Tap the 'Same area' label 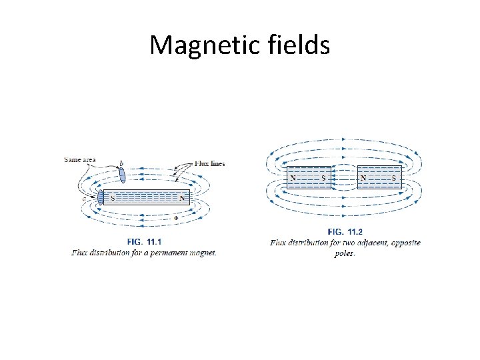tap(79, 159)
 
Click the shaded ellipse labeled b tap(122, 174)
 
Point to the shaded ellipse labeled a tap(101, 197)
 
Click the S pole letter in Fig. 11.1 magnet tap(112, 198)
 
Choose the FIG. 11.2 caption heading tap(345, 231)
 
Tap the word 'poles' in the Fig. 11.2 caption tap(345, 254)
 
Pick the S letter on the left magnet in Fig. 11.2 tap(324, 177)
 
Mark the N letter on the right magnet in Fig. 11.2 tap(363, 177)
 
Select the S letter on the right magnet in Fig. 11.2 tap(393, 177)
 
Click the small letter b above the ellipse tap(121, 163)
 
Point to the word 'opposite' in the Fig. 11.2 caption tap(405, 243)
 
